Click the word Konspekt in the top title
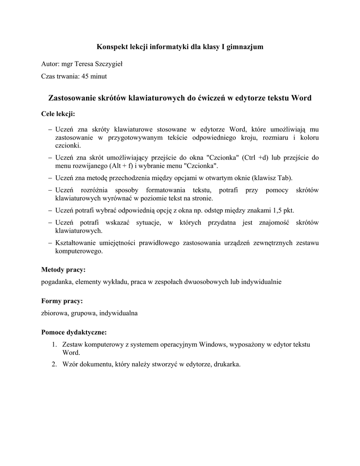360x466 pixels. [113, 47]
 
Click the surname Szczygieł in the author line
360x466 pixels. [107, 64]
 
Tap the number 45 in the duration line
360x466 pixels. [85, 76]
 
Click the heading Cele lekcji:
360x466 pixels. [58, 113]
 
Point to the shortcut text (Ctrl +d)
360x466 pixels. [256, 158]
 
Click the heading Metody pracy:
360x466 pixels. [63, 270]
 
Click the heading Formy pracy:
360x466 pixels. [62, 301]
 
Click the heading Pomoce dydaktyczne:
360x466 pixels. [74, 333]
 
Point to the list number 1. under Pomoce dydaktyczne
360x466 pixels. [54, 345]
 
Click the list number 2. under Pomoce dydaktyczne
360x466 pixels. [54, 365]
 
